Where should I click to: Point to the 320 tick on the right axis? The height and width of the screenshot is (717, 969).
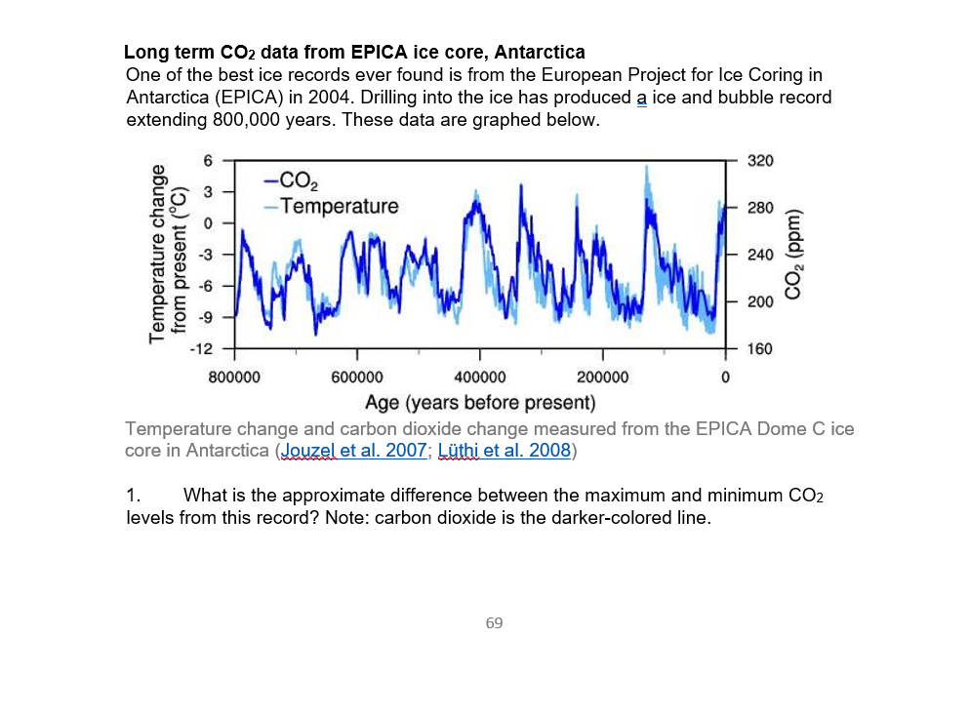pos(759,161)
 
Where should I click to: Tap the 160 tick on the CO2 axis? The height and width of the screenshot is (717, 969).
pos(759,348)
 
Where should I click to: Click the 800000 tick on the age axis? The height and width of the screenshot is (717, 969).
pos(234,377)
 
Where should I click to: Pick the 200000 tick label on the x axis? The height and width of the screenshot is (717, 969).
pos(602,377)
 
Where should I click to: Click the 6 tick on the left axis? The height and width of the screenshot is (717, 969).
pos(207,161)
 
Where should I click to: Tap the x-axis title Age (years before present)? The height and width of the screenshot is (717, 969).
pos(479,402)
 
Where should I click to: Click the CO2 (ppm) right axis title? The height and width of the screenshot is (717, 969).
pos(794,254)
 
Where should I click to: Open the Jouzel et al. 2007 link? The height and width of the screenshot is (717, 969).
pos(352,451)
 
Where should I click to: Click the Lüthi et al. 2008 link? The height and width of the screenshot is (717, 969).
pos(504,451)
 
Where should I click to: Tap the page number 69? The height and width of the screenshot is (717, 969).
pos(494,622)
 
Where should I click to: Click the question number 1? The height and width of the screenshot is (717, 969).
pos(134,496)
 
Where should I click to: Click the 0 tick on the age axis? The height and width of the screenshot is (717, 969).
pos(725,377)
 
